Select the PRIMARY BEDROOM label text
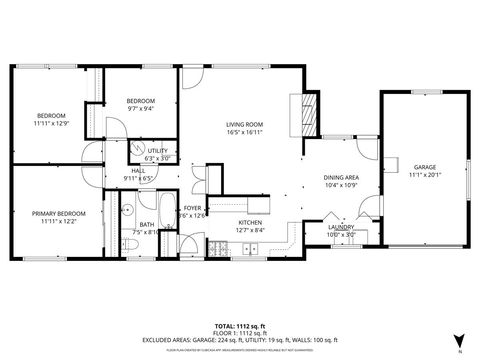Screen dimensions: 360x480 tap(58, 213)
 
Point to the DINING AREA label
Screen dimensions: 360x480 tap(342, 178)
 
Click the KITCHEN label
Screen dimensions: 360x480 tap(249, 223)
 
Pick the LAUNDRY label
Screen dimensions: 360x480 tap(342, 228)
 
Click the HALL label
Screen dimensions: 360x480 tap(138, 171)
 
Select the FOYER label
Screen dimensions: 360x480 tap(192, 209)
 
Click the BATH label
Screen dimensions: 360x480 tap(146, 224)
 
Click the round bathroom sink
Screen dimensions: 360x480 tap(129, 211)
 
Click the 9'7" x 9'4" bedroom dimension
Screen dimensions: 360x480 tap(140, 108)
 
